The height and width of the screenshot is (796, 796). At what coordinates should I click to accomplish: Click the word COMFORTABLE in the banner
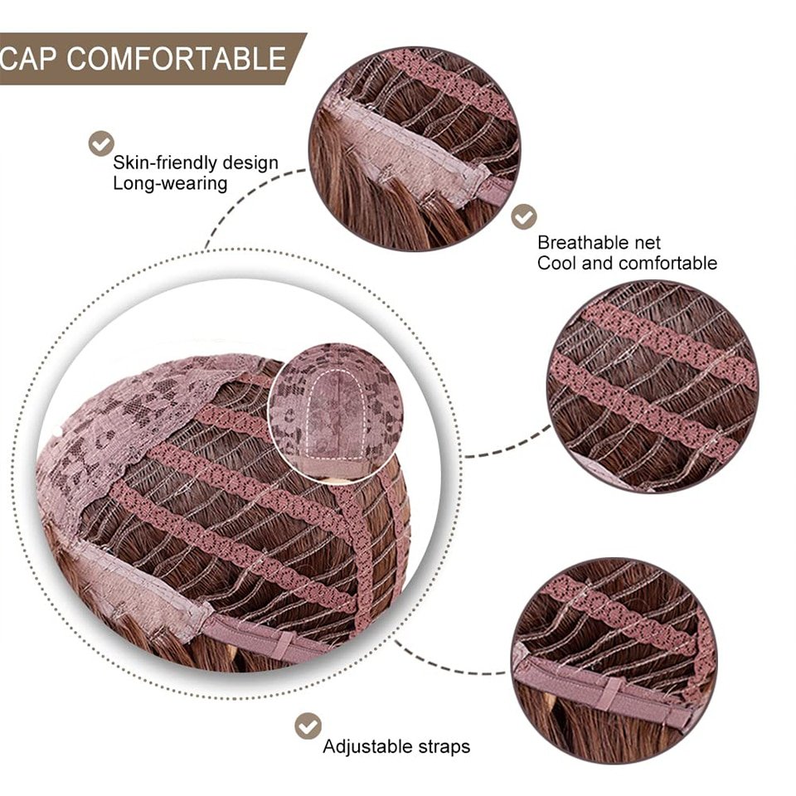176,58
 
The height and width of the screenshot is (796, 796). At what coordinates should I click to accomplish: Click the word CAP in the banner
27,58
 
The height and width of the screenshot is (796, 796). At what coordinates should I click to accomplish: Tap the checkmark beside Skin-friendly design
101,143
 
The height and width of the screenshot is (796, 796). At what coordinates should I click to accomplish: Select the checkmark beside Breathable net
523,216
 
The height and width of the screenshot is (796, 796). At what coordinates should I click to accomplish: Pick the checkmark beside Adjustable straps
308,726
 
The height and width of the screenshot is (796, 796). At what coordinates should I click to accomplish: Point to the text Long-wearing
170,183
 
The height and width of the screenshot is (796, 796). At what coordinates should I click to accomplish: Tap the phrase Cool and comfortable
627,263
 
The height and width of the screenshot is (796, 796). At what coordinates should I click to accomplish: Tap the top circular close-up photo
415,149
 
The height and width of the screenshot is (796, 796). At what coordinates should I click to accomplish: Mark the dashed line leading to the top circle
244,197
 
